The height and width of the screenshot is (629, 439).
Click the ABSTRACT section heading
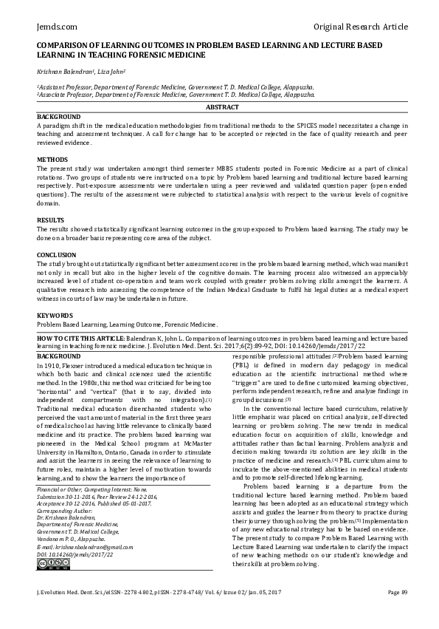point(221,108)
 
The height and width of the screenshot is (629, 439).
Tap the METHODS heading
point(52,160)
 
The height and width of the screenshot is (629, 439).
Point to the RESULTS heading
point(51,220)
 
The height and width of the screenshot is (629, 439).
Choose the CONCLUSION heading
point(57,255)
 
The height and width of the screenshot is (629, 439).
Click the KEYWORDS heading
point(55,316)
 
